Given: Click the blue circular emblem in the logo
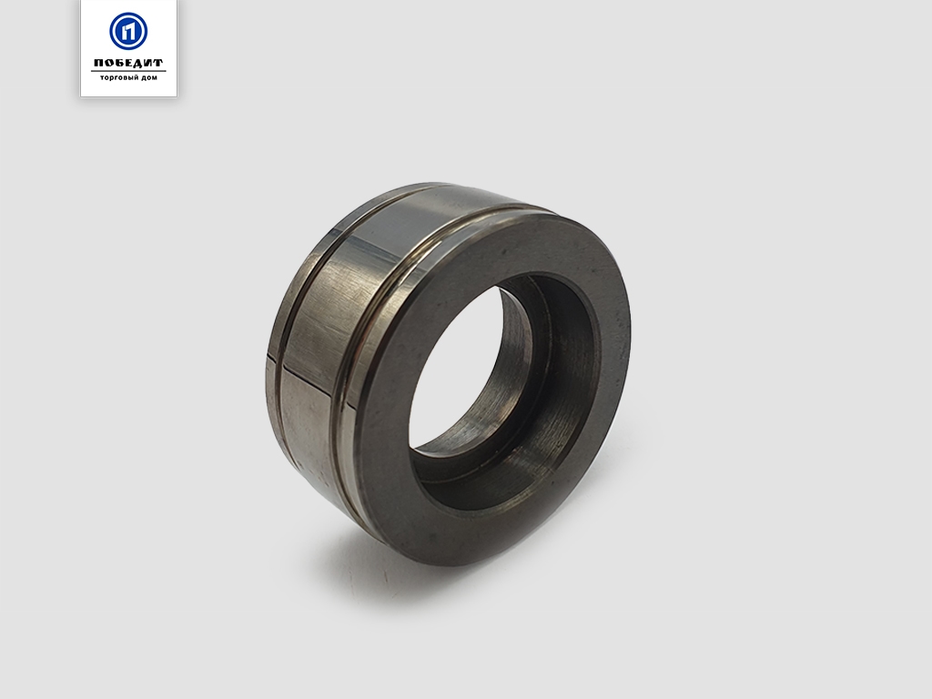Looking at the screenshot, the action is [x=128, y=31].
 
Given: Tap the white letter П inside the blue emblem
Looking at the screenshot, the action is [x=128, y=31].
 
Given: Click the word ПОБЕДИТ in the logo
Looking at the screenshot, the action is [x=128, y=63].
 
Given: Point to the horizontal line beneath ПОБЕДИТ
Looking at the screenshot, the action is [x=128, y=71].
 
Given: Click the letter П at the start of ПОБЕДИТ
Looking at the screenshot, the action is [x=98, y=63].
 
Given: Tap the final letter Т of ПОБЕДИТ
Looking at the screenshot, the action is [x=157, y=63].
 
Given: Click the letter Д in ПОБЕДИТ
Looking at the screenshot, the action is [x=138, y=63].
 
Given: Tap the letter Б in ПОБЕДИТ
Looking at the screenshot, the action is [x=118, y=63].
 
